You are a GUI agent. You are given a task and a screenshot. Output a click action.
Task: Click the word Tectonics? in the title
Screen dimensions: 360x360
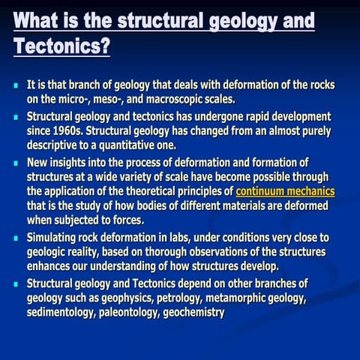pos(62,46)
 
